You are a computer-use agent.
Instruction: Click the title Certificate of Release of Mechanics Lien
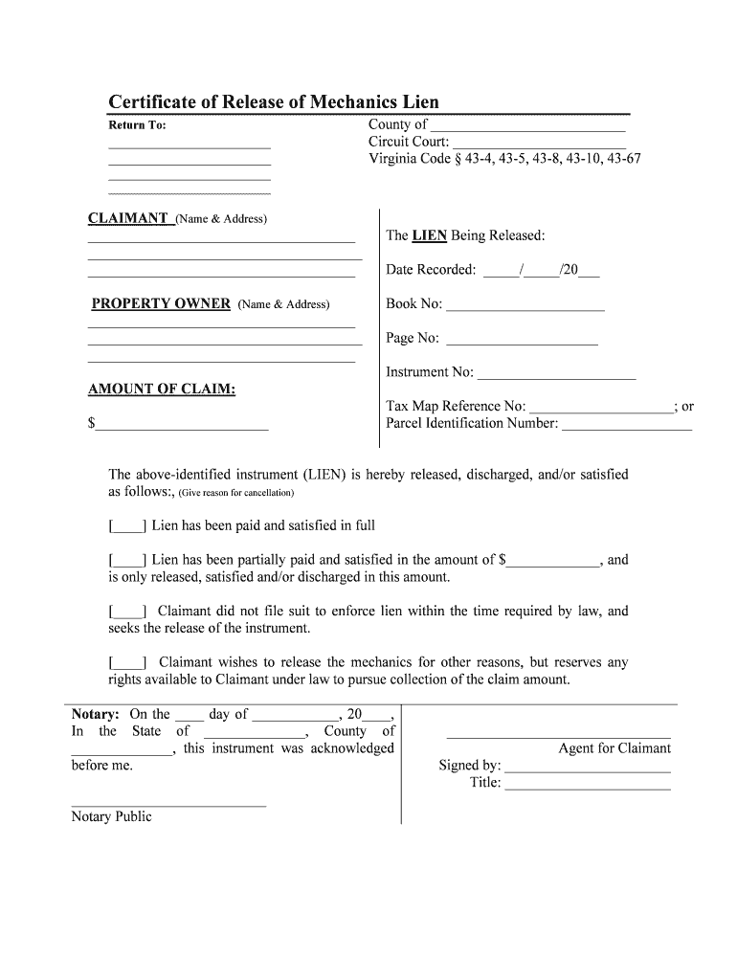[273, 102]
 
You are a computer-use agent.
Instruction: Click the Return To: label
[137, 125]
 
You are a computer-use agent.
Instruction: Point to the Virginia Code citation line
[504, 159]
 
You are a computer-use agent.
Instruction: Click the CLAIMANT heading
[128, 218]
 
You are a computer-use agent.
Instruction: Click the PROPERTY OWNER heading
[161, 303]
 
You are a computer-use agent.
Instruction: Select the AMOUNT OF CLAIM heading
[162, 390]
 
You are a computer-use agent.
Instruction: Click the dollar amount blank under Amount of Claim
[182, 425]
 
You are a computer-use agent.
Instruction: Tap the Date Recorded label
[431, 270]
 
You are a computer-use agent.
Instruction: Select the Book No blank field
[525, 305]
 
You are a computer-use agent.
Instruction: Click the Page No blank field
[522, 339]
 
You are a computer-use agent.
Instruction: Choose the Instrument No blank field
[556, 373]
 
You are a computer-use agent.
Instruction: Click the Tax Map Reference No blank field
[601, 407]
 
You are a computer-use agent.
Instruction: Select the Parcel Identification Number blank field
[626, 424]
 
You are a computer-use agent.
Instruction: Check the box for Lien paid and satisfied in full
[127, 525]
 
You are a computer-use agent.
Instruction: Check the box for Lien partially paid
[127, 560]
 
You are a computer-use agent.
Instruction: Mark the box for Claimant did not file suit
[127, 612]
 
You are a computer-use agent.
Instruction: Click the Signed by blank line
[588, 767]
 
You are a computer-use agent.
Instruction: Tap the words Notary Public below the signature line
[111, 816]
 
